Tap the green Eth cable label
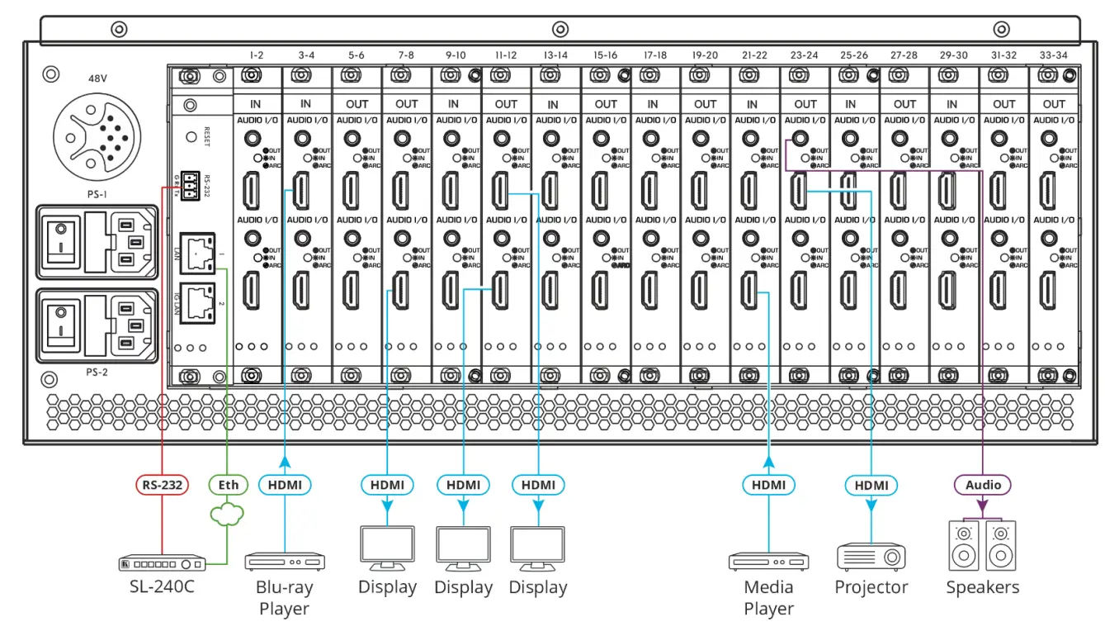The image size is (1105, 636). coord(228,484)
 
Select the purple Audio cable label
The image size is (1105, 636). coord(983,484)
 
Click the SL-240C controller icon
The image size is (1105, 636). coord(162,563)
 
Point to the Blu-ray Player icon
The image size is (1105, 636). coord(285,562)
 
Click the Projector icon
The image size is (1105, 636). coord(871,557)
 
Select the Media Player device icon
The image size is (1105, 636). coord(768,562)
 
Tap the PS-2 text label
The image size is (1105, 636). coord(97,372)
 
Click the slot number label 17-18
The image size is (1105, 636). coord(654,55)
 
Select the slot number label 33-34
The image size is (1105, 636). coord(1054,55)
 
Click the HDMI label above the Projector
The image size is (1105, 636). coord(871,484)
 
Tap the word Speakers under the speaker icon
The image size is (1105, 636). coord(982,587)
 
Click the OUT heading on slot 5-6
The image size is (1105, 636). coord(357,104)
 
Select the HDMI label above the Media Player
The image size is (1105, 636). coord(768,484)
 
